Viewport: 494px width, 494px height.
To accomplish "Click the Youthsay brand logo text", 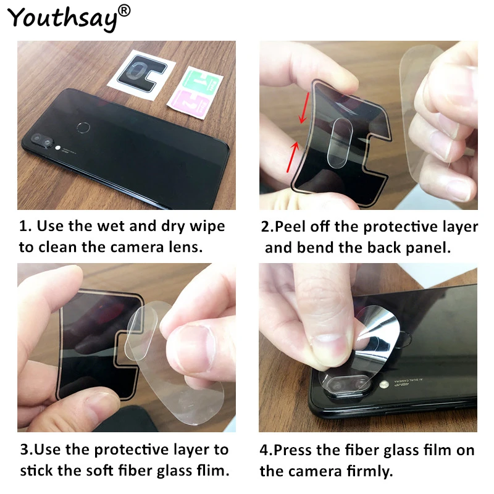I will click(x=62, y=19).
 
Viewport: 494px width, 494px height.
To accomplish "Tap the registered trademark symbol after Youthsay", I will click(x=124, y=10).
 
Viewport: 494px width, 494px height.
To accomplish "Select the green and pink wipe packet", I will click(x=201, y=90).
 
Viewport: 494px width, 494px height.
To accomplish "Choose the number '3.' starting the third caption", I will click(x=26, y=450).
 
